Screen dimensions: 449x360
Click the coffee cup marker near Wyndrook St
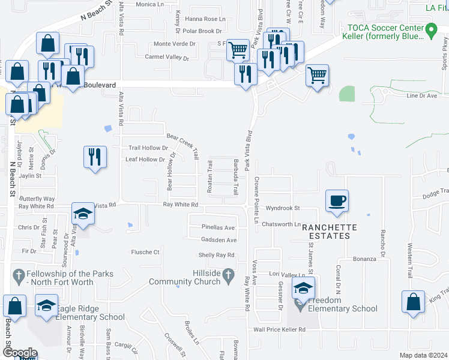coord(337,200)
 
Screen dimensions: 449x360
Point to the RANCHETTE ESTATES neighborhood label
coord(329,232)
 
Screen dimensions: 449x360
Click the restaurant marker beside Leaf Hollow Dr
coord(95,157)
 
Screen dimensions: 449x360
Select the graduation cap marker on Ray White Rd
coord(82,213)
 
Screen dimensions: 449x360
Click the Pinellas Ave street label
coord(218,228)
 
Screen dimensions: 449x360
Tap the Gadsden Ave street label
coord(219,240)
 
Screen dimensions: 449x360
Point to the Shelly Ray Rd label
coord(216,256)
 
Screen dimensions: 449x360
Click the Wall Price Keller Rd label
coord(279,330)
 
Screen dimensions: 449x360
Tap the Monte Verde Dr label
coord(175,44)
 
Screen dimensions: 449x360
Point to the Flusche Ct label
coord(145,253)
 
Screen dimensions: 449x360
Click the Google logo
coord(20,353)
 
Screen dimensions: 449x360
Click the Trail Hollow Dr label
coord(149,148)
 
